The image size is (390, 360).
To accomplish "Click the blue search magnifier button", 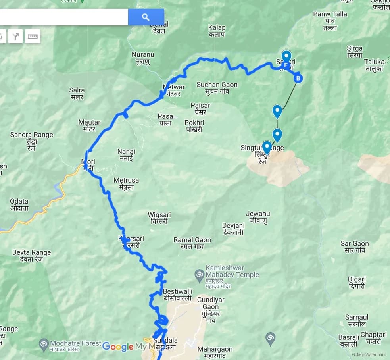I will pyautogui.click(x=146, y=17).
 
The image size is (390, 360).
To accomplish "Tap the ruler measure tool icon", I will pyautogui.click(x=33, y=37).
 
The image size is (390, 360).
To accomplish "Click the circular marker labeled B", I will pyautogui.click(x=298, y=78).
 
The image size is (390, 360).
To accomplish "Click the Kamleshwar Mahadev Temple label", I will pyautogui.click(x=232, y=271).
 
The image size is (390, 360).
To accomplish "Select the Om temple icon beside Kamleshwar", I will pyautogui.click(x=199, y=274).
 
